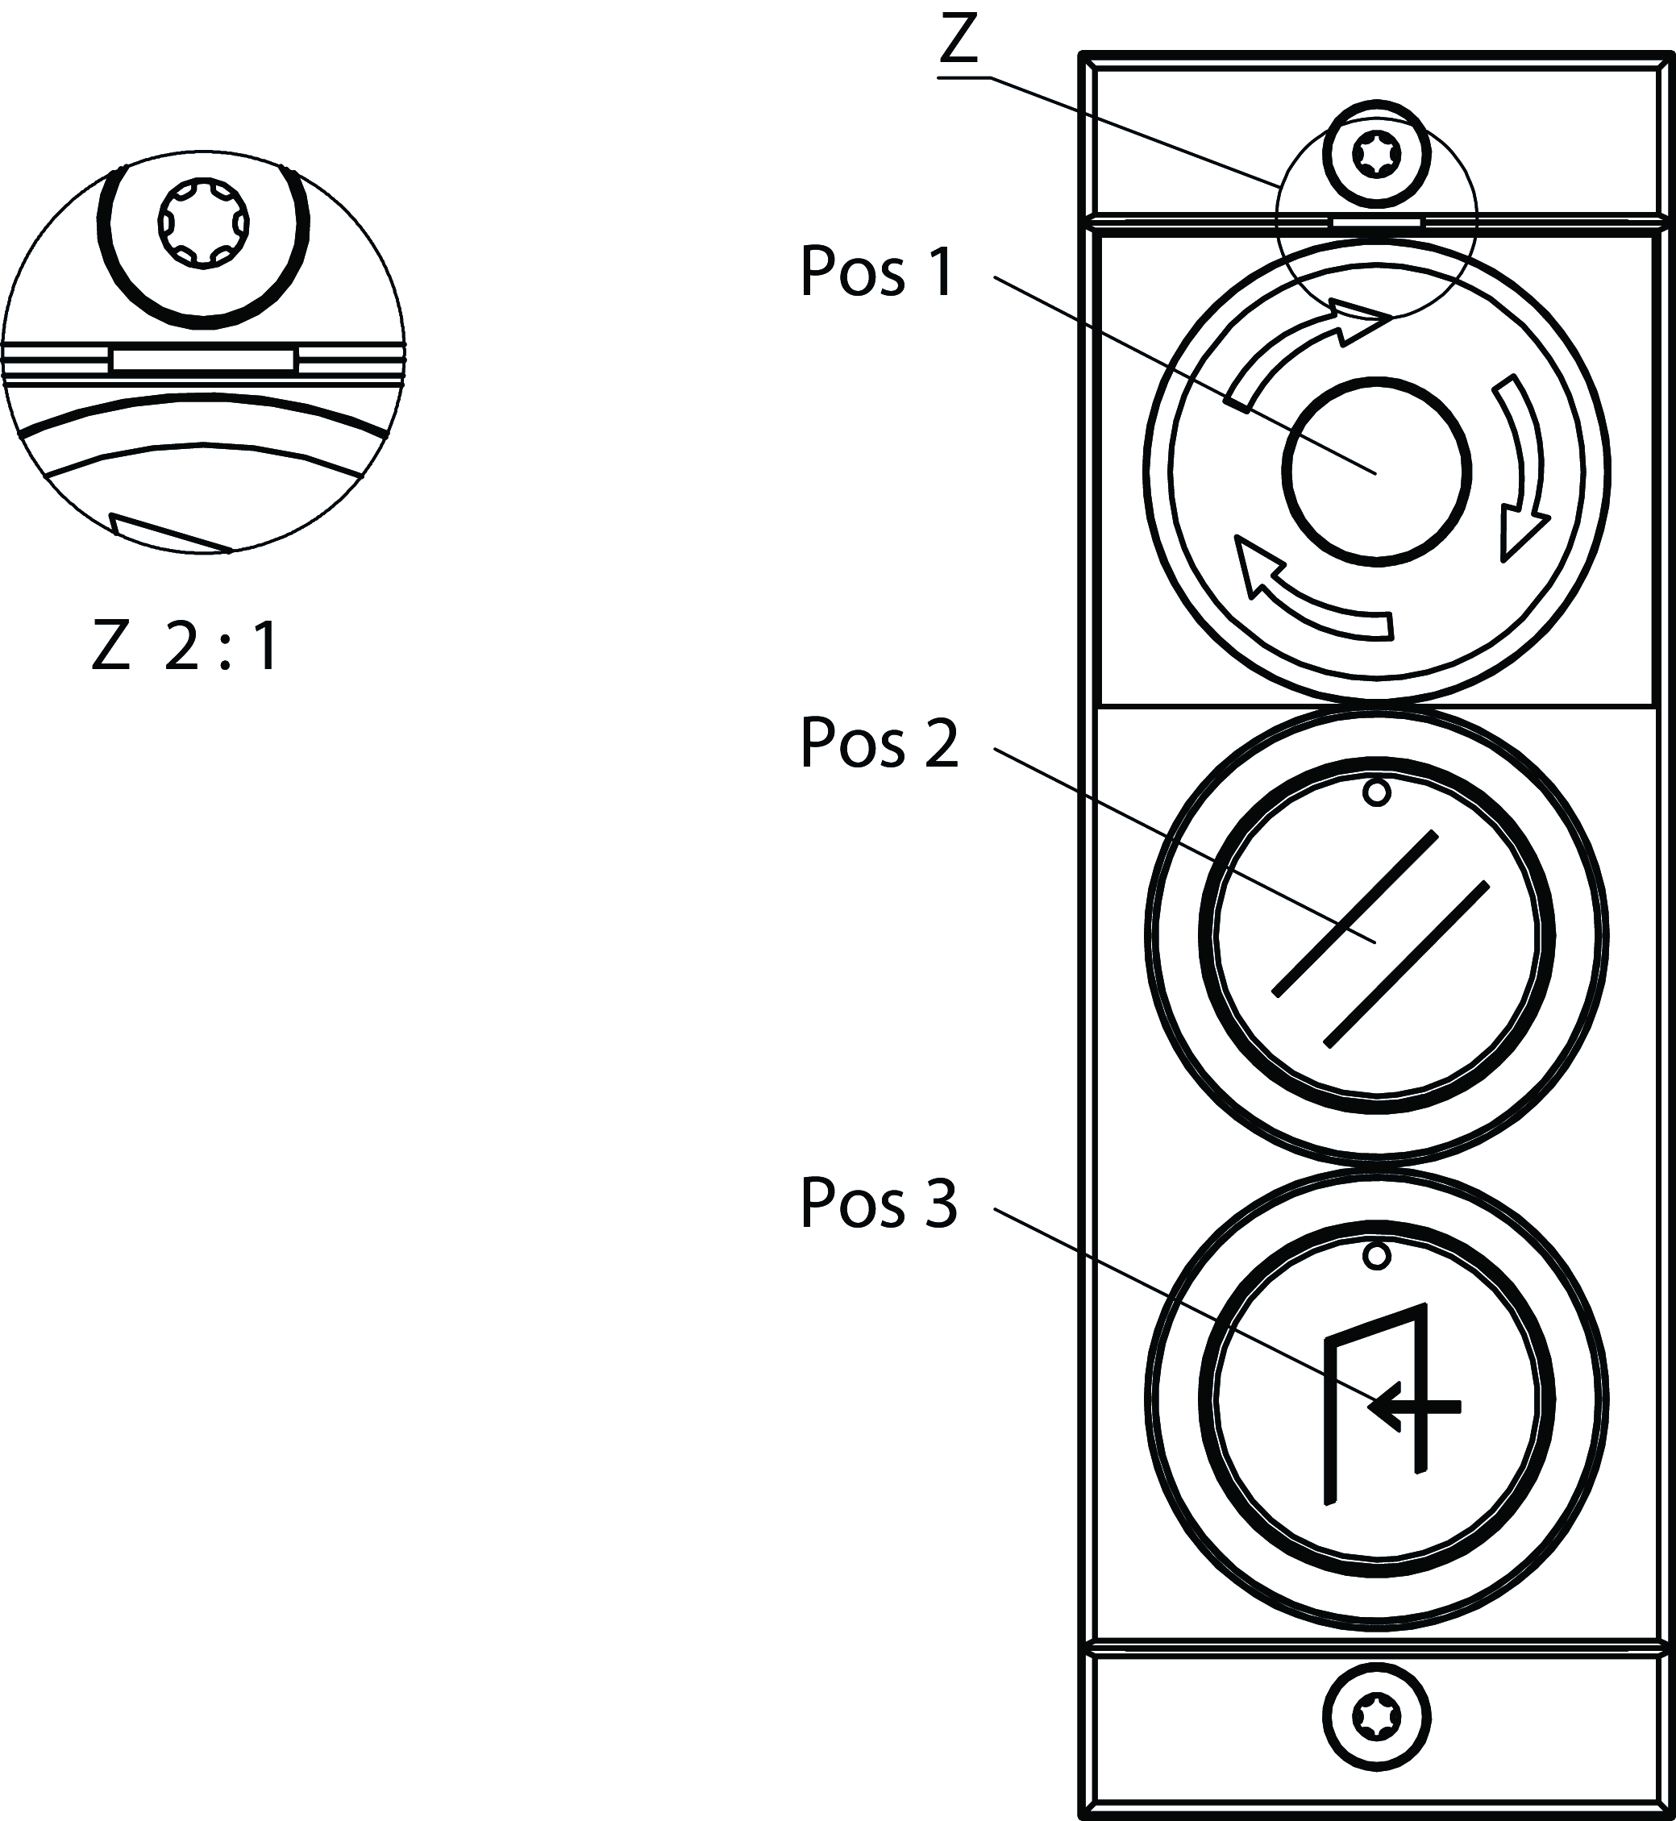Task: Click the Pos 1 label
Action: [876, 272]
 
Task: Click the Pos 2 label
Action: [878, 742]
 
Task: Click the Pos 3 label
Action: [878, 1204]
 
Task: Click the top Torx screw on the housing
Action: [1376, 154]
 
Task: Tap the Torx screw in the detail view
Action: [203, 222]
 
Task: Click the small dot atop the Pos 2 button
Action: [1377, 793]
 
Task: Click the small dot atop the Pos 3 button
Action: [1377, 1256]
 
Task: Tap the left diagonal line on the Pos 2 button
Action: [1355, 913]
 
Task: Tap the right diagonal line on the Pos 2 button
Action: [1407, 964]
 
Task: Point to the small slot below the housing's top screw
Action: [1376, 221]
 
